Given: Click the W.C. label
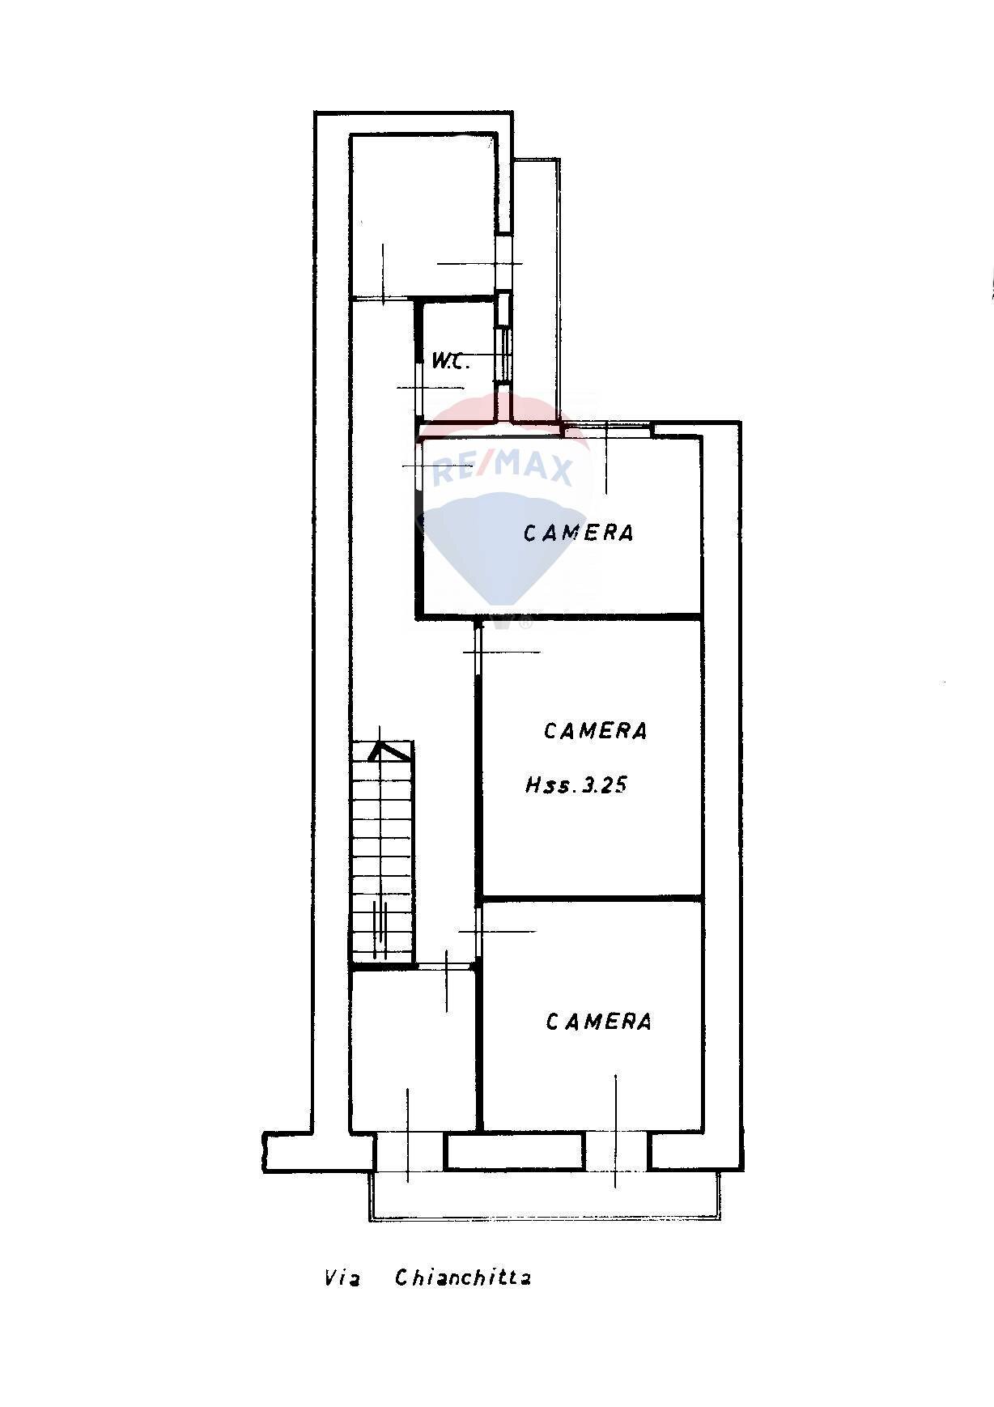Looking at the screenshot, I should click(450, 361).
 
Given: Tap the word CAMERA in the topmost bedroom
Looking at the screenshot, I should click(578, 533).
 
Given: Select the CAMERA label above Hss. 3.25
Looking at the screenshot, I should click(595, 731).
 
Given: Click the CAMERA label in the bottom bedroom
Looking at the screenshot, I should click(598, 1022).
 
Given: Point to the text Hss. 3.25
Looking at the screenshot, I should click(576, 784).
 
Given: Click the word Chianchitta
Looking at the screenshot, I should click(463, 1278).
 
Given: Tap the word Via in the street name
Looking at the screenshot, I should click(342, 1279).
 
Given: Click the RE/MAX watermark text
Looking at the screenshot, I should click(503, 468).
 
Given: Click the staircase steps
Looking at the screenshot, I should click(382, 858).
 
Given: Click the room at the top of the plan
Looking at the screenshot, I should click(423, 215).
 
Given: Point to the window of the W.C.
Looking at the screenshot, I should click(504, 354).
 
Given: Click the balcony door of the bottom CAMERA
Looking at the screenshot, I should click(616, 1151).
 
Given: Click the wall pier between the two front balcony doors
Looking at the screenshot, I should click(514, 1151).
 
